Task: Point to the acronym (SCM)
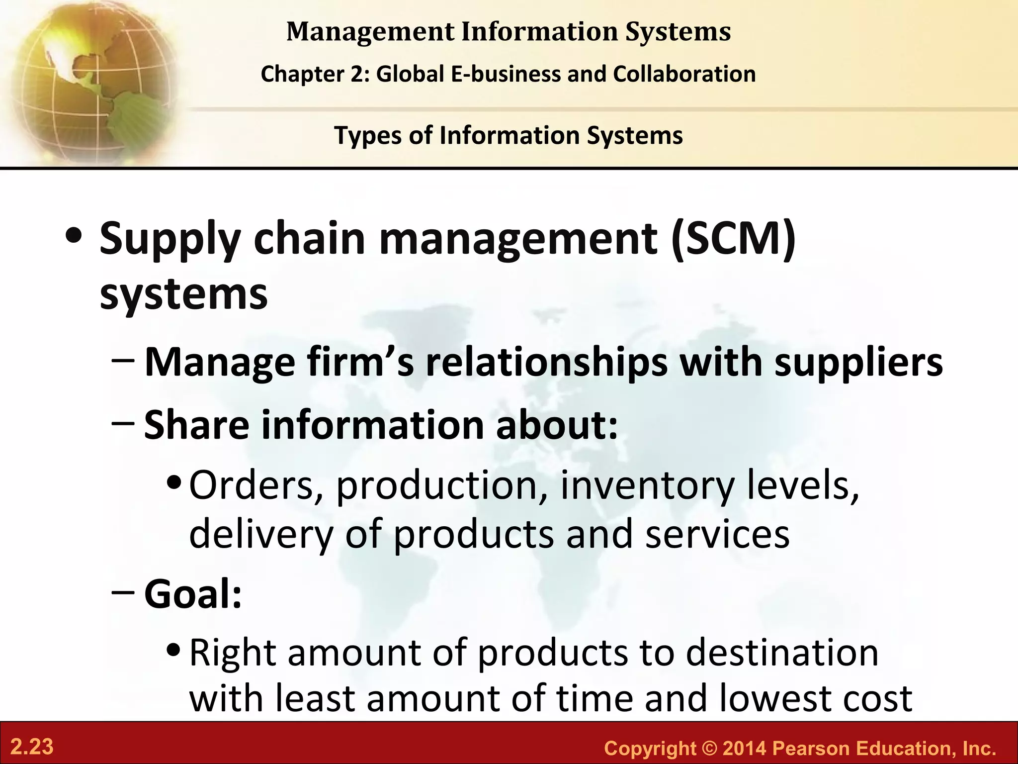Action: (733, 239)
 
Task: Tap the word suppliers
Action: (858, 362)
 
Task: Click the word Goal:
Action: (193, 594)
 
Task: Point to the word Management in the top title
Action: (370, 32)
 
